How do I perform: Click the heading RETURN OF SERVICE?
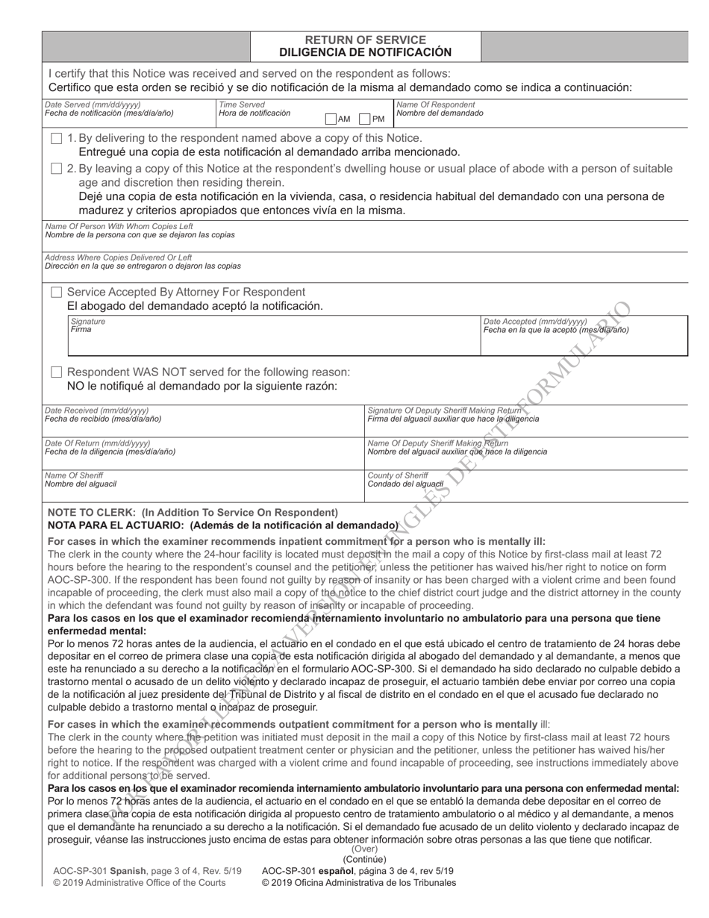pos(366,40)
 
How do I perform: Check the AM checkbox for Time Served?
pos(331,119)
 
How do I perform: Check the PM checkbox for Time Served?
pos(365,119)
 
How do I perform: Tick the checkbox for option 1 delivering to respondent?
pos(57,138)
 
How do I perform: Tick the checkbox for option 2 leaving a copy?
pos(57,169)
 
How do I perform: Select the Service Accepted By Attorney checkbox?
pos(57,292)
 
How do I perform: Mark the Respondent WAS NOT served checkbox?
pos(57,372)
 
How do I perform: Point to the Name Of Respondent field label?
pos(435,105)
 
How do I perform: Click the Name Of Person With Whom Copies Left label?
pos(119,226)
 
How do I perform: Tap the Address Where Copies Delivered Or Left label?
pos(118,257)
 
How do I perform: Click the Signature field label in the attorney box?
pos(87,321)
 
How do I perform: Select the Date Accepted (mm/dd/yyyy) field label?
pos(535,321)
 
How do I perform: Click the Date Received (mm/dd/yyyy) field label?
pos(96,410)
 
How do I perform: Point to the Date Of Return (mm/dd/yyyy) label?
pos(97,443)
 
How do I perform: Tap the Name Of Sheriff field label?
pos(74,475)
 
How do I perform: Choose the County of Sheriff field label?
pos(398,475)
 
